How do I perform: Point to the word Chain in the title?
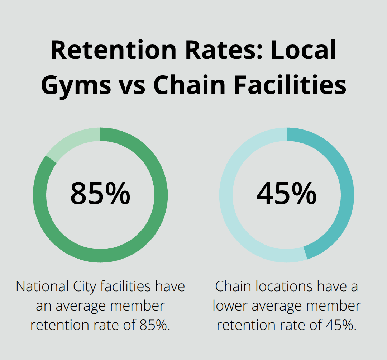191,85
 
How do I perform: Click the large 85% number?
100,194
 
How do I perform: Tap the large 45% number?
286,194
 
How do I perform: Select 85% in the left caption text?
152,325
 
